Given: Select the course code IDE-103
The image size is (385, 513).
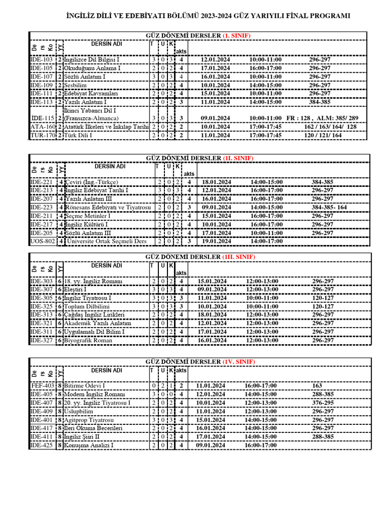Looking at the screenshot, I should (x=42, y=60).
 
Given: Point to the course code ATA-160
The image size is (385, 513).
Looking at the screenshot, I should (x=42, y=127).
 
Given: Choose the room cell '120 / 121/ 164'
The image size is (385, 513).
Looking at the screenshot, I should (x=322, y=135).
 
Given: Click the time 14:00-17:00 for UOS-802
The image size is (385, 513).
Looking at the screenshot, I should (x=267, y=241).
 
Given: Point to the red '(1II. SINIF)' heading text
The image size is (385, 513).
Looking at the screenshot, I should (x=239, y=256).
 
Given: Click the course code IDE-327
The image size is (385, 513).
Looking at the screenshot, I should (x=42, y=340).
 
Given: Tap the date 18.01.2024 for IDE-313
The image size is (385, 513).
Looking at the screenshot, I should (x=213, y=315).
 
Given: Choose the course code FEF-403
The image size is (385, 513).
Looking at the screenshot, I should (x=43, y=386).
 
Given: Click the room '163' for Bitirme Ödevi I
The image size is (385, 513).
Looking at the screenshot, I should (x=317, y=386).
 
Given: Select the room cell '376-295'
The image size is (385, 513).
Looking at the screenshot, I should (x=323, y=403).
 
